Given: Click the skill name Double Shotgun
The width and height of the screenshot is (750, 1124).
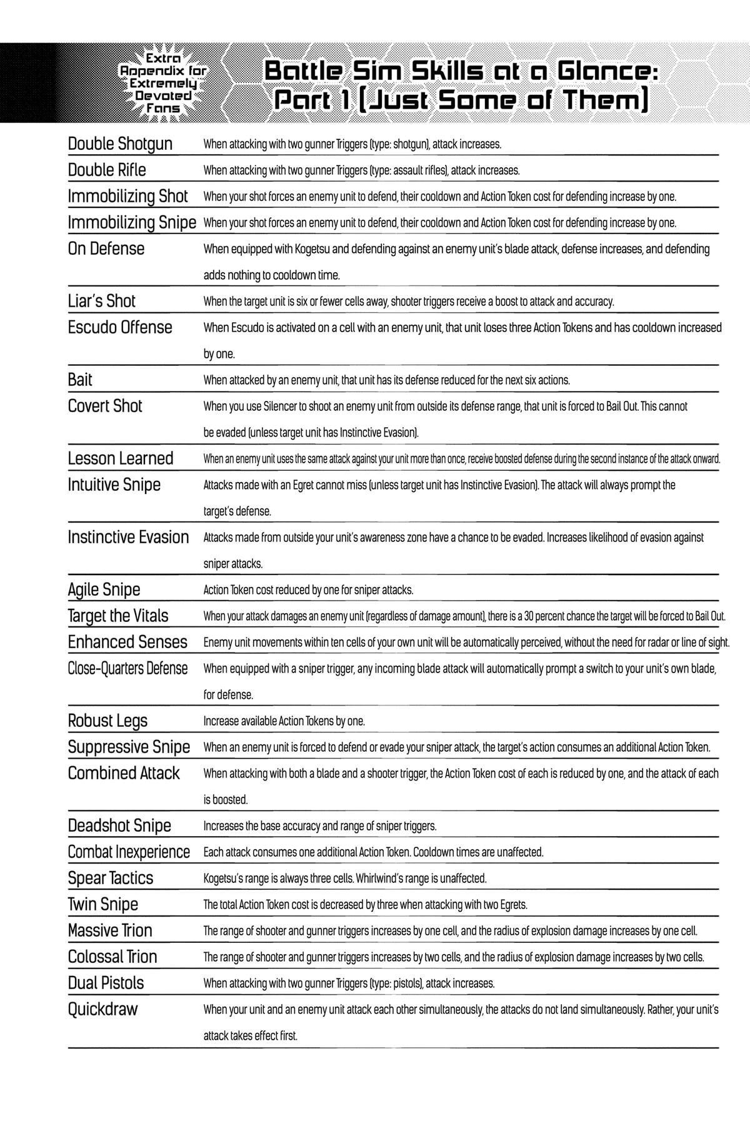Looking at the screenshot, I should tap(120, 144).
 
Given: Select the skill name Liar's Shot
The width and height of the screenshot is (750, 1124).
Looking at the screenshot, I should tap(101, 302).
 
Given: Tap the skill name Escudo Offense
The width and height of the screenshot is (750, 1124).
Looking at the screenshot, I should tap(120, 328).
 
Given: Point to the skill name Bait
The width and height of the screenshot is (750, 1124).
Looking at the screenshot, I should tap(80, 380).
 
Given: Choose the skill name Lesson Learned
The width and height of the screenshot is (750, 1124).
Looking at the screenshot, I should tap(121, 459).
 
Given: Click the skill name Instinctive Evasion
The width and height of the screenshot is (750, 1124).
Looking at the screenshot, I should tap(128, 538).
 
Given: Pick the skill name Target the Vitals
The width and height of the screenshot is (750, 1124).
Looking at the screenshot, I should tap(118, 616).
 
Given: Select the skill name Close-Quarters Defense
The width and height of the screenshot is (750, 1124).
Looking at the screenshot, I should tap(127, 669).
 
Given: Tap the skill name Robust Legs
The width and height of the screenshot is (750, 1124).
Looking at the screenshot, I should tap(107, 721).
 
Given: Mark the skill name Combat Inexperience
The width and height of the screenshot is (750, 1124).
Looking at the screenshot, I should tap(129, 852).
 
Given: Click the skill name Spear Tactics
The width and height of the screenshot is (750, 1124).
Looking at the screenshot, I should tap(111, 879).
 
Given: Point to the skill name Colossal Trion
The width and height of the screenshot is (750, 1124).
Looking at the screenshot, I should tap(112, 957).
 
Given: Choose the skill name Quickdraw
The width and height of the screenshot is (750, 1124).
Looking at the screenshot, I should tap(102, 1010).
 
